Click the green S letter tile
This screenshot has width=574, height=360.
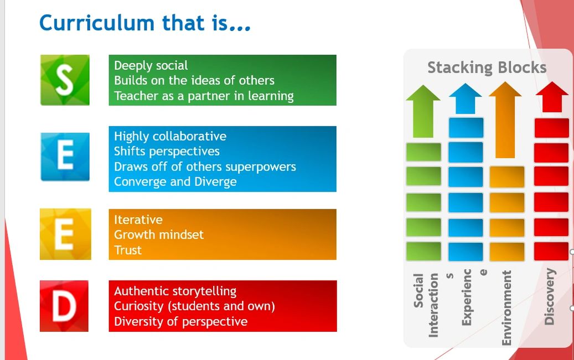(65, 80)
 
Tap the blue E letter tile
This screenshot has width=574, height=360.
(65, 157)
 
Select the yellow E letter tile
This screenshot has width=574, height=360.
(65, 234)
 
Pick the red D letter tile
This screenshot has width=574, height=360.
(64, 306)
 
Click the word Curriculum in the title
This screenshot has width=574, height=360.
(97, 23)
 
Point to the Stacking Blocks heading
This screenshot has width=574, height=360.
(487, 68)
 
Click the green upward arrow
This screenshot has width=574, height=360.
(423, 111)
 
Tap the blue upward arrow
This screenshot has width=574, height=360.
(466, 99)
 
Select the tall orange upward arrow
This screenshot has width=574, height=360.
(505, 120)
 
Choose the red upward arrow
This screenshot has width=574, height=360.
(552, 97)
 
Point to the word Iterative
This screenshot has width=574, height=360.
(138, 220)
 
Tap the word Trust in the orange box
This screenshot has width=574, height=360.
(128, 250)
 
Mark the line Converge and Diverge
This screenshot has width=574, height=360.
(175, 182)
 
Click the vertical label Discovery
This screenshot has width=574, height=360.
(550, 297)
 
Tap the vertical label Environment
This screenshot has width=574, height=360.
(506, 308)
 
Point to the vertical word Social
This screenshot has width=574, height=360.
(418, 290)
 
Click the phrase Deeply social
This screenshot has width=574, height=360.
(151, 65)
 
